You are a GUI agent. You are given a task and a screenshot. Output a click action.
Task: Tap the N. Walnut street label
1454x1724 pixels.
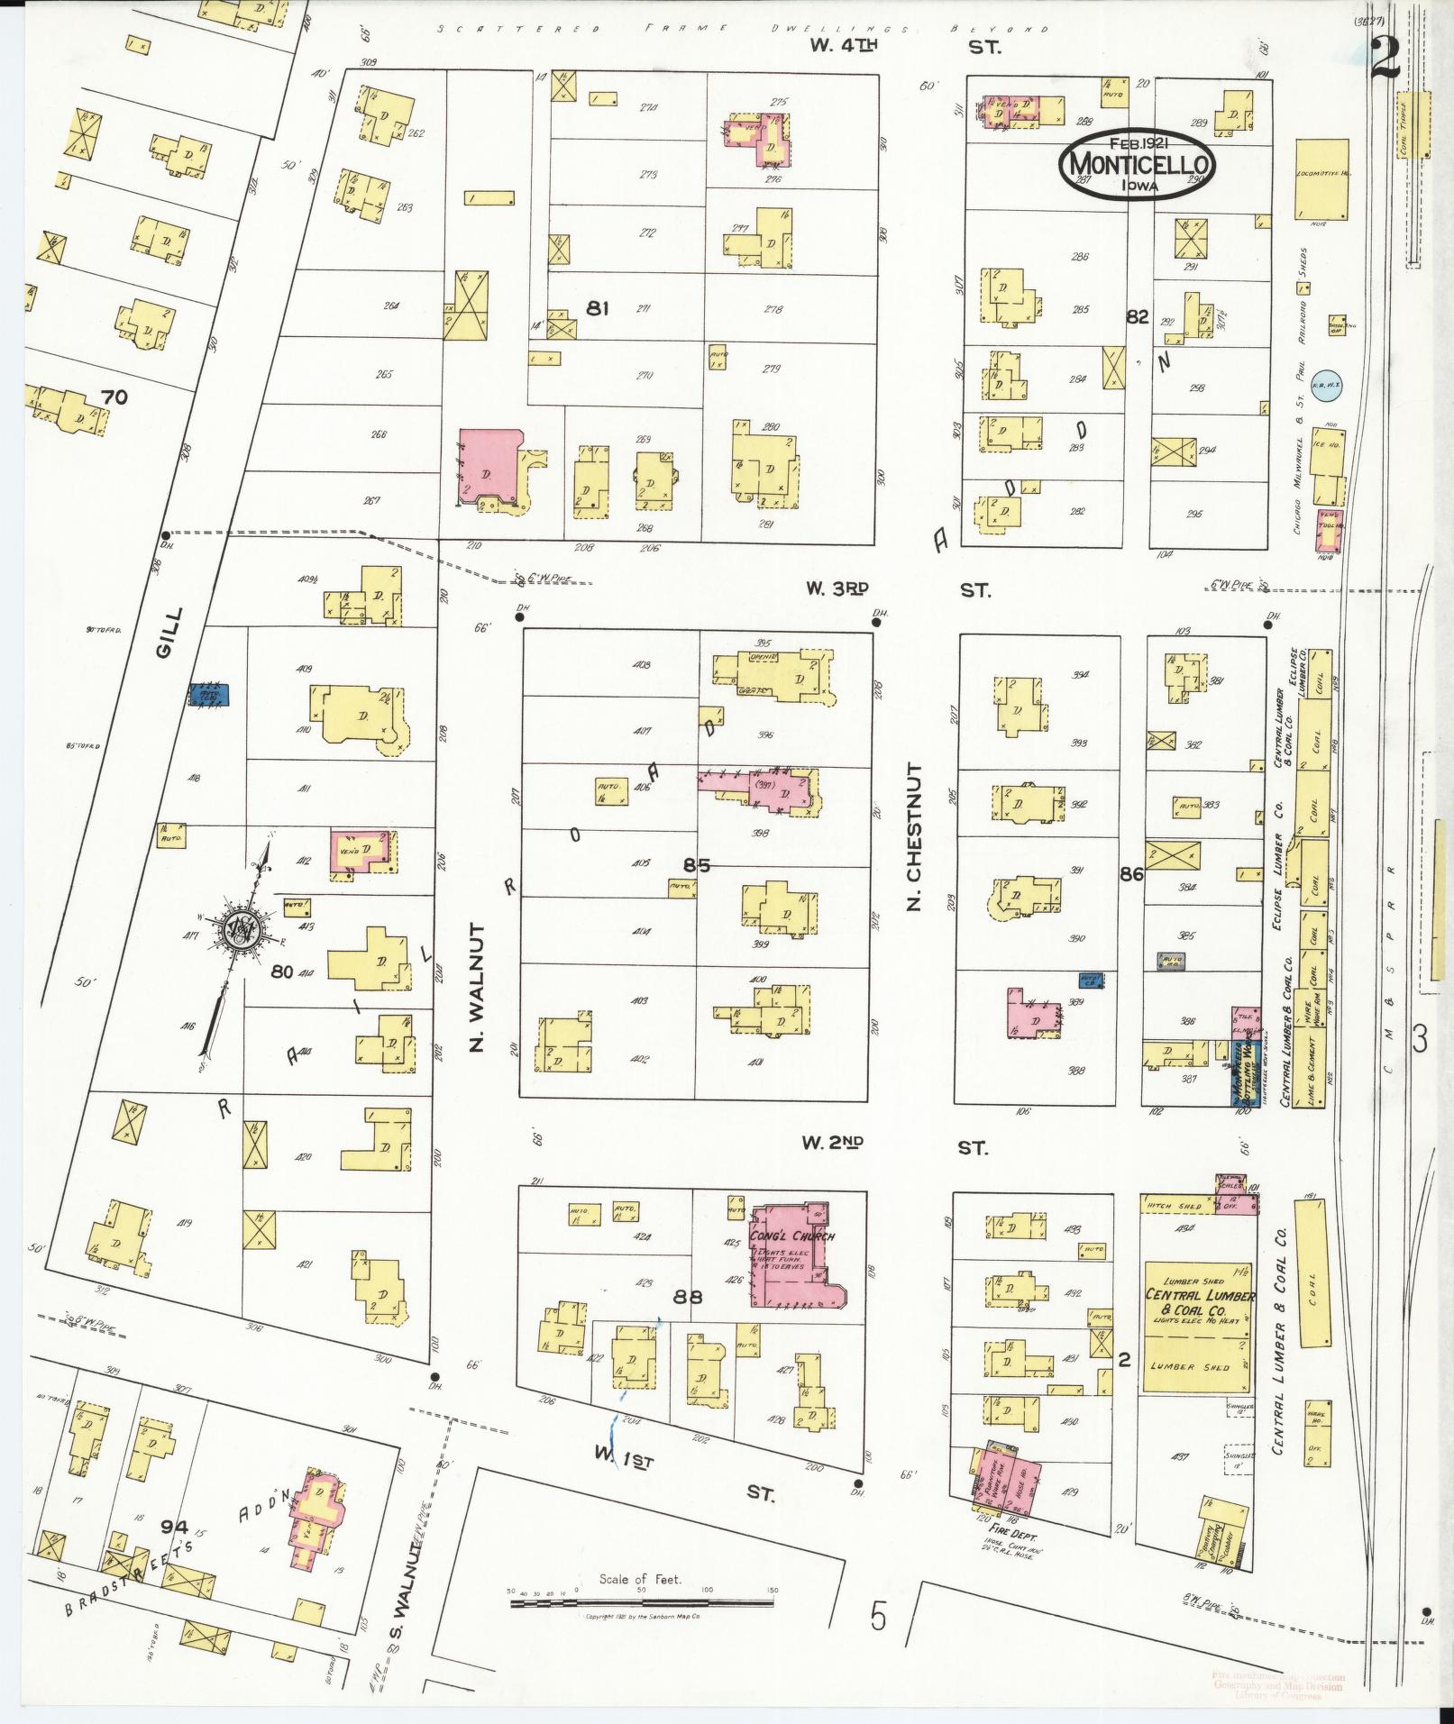point(478,987)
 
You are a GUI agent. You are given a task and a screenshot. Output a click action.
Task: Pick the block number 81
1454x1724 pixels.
point(597,308)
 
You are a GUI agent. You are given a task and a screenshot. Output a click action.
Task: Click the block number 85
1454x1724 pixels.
point(696,865)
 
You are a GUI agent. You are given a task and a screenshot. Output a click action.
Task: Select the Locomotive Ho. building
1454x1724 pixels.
point(1321,178)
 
